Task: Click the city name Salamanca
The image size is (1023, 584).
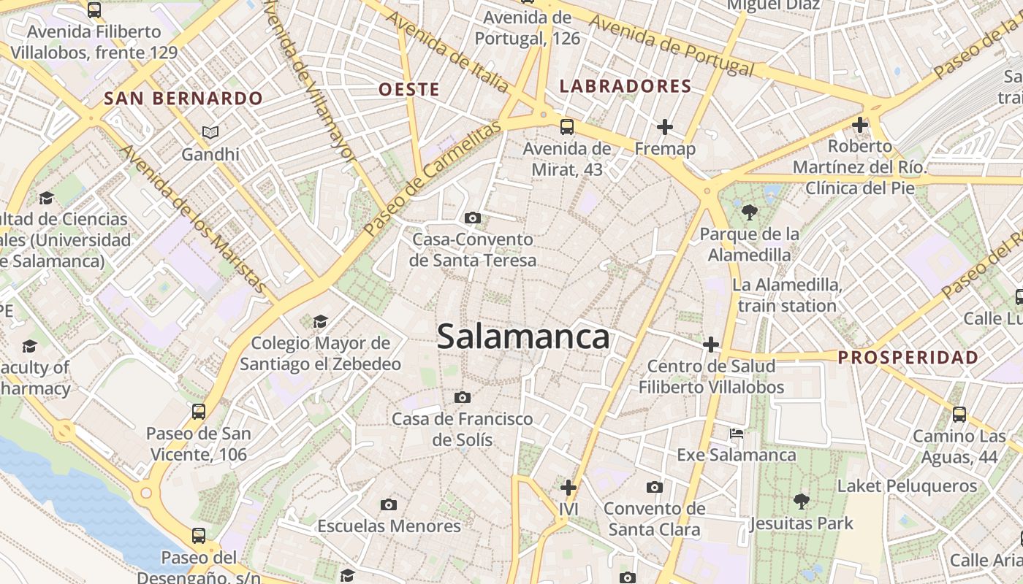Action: point(522,337)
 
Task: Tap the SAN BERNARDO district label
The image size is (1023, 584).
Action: point(183,98)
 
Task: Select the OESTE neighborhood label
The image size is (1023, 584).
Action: point(409,90)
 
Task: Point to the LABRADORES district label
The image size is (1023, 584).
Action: point(625,86)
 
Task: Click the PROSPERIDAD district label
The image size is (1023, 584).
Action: point(908,357)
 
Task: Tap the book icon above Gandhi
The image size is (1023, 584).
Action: point(210,132)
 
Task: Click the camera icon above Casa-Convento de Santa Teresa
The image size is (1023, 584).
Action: point(473,218)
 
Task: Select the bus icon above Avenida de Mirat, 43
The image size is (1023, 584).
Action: point(566,127)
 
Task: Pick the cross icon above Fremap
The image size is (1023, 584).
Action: point(664,128)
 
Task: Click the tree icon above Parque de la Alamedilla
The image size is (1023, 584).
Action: point(749,212)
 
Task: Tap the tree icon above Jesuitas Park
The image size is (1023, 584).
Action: point(801,501)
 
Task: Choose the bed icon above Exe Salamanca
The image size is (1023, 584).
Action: point(737,434)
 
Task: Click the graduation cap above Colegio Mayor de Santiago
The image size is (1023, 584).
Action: point(320,321)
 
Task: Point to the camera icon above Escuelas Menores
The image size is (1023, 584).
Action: point(389,504)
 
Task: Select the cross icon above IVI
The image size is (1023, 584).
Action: point(568,487)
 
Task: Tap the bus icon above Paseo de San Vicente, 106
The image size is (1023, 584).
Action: point(198,411)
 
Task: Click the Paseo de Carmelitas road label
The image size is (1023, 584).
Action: point(433,179)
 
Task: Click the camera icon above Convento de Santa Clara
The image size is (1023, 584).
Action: point(655,487)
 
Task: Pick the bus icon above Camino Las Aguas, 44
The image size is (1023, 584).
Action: point(959,415)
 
